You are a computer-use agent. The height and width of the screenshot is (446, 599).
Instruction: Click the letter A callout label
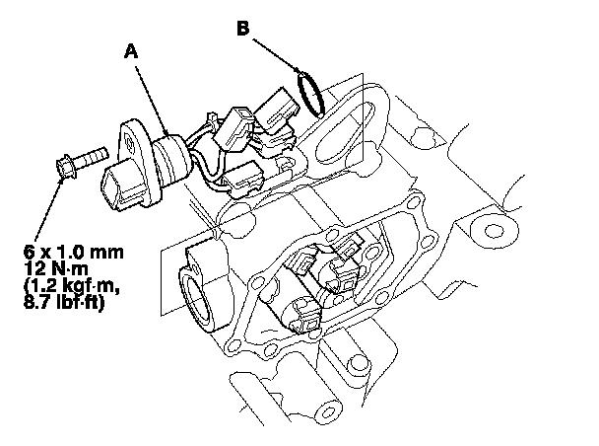131,51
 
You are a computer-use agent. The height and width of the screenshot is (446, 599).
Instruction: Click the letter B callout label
242,29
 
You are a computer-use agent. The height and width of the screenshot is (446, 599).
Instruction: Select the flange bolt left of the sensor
82,162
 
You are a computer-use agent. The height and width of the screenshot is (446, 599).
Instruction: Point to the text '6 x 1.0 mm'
74,252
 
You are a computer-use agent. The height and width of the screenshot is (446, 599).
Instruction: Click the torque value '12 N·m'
56,268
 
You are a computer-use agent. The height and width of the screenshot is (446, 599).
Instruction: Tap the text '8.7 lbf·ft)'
64,302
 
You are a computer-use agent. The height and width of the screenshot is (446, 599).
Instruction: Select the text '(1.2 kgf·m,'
72,286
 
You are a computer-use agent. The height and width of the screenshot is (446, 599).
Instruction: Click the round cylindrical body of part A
171,157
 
